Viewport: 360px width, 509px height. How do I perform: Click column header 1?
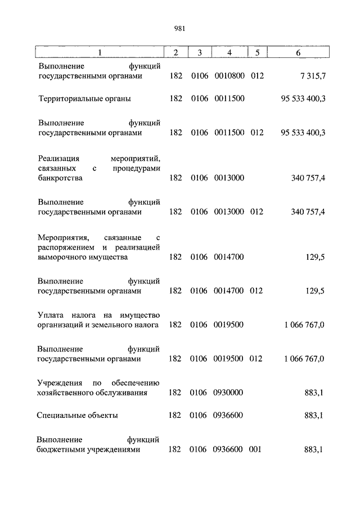click(100, 53)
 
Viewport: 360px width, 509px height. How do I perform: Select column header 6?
click(298, 53)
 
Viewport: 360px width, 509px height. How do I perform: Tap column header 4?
click(229, 53)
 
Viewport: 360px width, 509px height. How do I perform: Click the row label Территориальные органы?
click(84, 98)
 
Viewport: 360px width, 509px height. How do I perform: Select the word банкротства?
click(60, 178)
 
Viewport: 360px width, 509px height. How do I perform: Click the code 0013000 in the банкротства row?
click(229, 178)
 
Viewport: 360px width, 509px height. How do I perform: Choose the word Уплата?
click(52, 314)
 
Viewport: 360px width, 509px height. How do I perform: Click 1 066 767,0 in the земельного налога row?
click(304, 325)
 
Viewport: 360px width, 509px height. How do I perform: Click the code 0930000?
click(229, 393)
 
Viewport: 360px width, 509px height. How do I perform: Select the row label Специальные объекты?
click(78, 416)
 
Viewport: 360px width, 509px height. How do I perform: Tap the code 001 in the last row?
click(256, 449)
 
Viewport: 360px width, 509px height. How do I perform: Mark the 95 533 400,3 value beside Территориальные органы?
click(303, 98)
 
